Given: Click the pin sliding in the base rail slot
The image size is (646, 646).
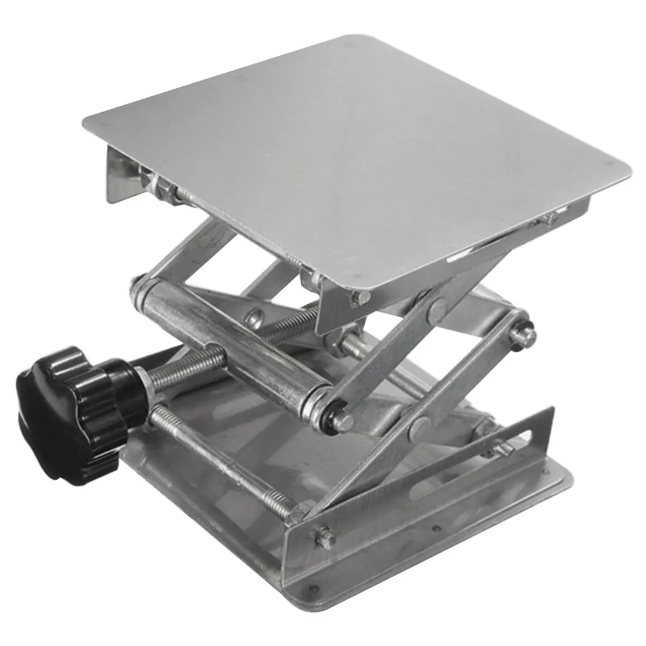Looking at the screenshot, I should point(501,451).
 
